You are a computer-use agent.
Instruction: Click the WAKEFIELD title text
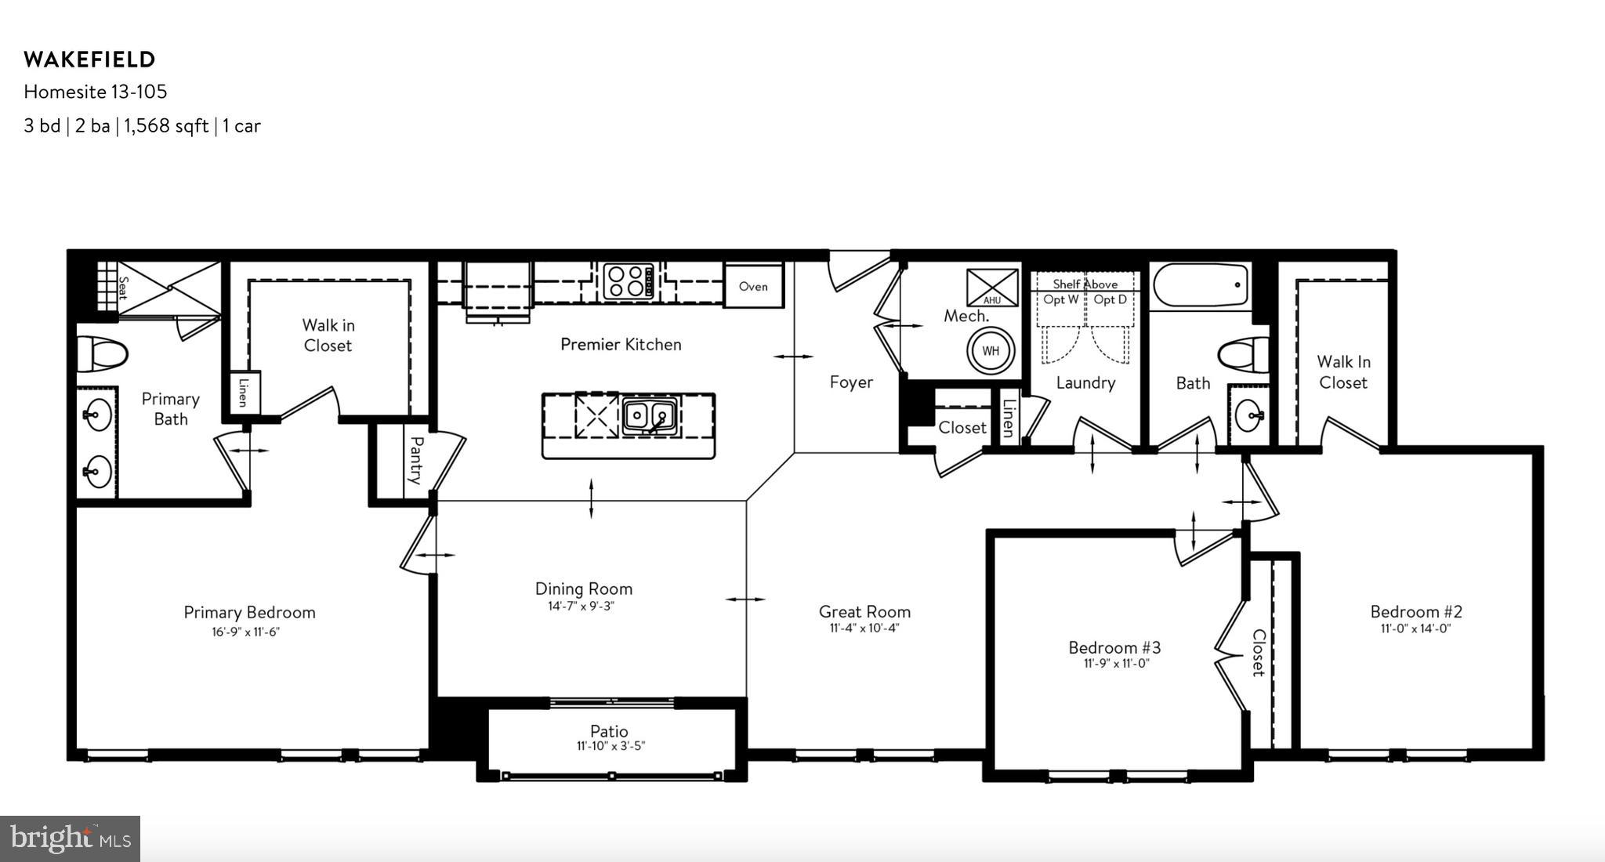point(89,60)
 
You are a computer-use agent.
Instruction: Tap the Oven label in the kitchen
point(753,287)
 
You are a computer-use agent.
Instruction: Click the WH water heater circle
point(991,351)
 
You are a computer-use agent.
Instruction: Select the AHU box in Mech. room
point(991,287)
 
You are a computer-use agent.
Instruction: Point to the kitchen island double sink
point(650,416)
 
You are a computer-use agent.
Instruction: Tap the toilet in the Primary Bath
point(102,355)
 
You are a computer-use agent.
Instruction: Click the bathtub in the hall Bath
point(1201,285)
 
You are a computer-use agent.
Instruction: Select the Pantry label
point(416,460)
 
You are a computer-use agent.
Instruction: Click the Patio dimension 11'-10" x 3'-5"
point(610,746)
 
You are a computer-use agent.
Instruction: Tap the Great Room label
point(864,611)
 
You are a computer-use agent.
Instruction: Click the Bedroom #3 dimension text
point(1114,664)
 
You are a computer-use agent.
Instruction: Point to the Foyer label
point(851,382)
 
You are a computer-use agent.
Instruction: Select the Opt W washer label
point(1060,299)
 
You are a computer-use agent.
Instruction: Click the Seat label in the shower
point(123,288)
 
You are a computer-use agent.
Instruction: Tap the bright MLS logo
point(70,839)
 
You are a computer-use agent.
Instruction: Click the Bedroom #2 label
point(1416,611)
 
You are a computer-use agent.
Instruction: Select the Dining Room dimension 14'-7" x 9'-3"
point(581,606)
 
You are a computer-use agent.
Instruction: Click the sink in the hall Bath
point(1248,415)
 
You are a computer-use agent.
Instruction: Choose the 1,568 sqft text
point(166,126)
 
